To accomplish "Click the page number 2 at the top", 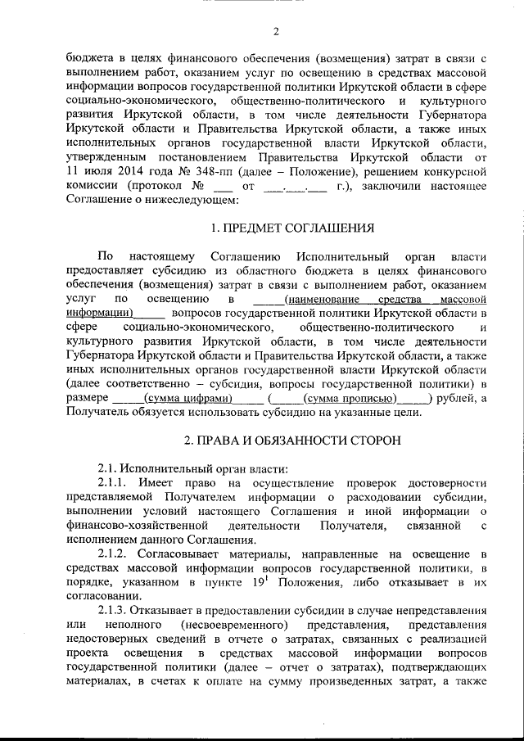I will point(277,32).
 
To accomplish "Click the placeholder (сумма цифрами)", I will point(187,398).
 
